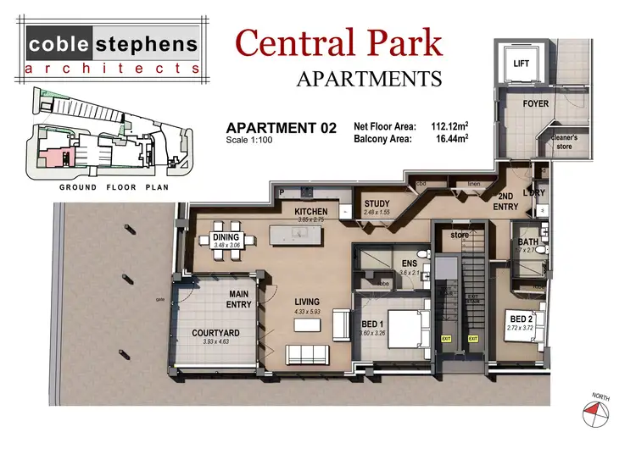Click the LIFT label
coord(521,64)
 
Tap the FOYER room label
coord(535,104)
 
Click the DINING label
coord(228,237)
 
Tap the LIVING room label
coord(306,302)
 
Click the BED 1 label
coord(373,324)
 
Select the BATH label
coord(527,243)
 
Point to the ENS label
coord(409,263)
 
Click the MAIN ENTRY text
coord(239,299)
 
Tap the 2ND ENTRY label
coord(507,201)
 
